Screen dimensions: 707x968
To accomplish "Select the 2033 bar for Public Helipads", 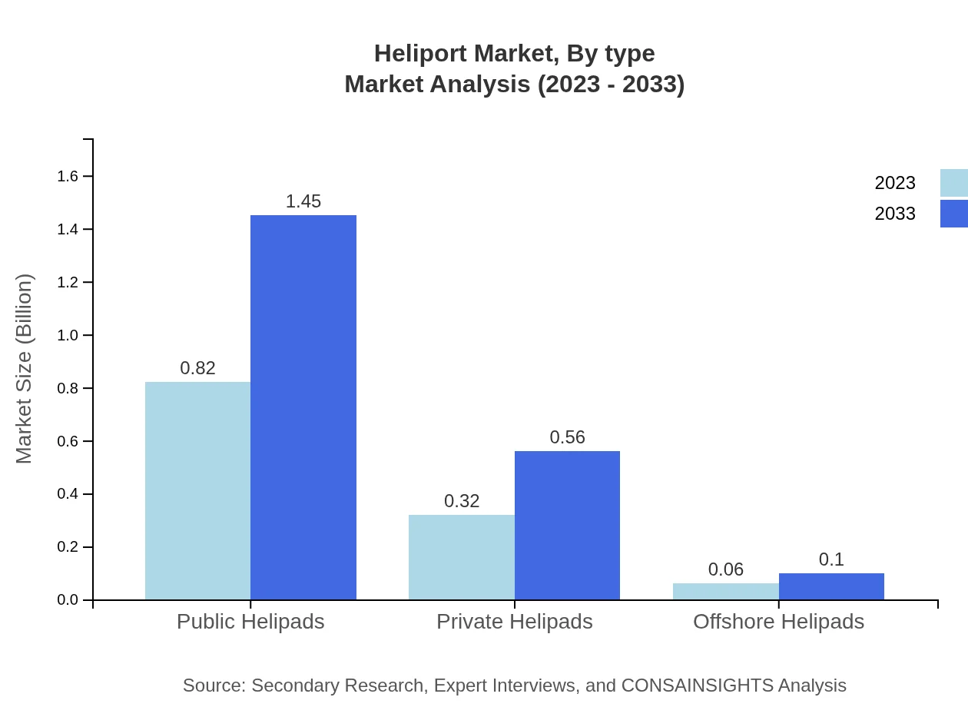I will click(303, 407).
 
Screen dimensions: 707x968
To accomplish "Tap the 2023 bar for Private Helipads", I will click(462, 557).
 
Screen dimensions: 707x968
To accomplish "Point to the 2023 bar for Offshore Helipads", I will click(725, 591).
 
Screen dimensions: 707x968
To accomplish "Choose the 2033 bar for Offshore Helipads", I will click(831, 586).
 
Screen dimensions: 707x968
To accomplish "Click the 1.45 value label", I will click(303, 201).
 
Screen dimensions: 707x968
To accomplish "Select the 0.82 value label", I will click(197, 368).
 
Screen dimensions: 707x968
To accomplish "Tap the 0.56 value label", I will click(567, 437).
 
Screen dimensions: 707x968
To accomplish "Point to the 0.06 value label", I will click(725, 569).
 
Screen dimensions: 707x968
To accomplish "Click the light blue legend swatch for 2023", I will click(953, 183).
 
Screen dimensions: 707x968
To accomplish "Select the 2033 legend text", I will click(895, 214).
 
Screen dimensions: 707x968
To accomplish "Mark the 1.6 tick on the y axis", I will click(68, 177).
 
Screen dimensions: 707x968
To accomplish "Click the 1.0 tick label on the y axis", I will click(68, 336).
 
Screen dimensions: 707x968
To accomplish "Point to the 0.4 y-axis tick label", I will click(68, 494).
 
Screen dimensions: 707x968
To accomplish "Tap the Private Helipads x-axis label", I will click(514, 621).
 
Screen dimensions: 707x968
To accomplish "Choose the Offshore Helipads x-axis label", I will click(778, 621).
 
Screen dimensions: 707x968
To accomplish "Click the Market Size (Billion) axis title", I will click(24, 369).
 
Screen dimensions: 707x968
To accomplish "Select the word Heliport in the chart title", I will click(419, 54).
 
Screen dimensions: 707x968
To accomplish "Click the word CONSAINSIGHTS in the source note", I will click(696, 685).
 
